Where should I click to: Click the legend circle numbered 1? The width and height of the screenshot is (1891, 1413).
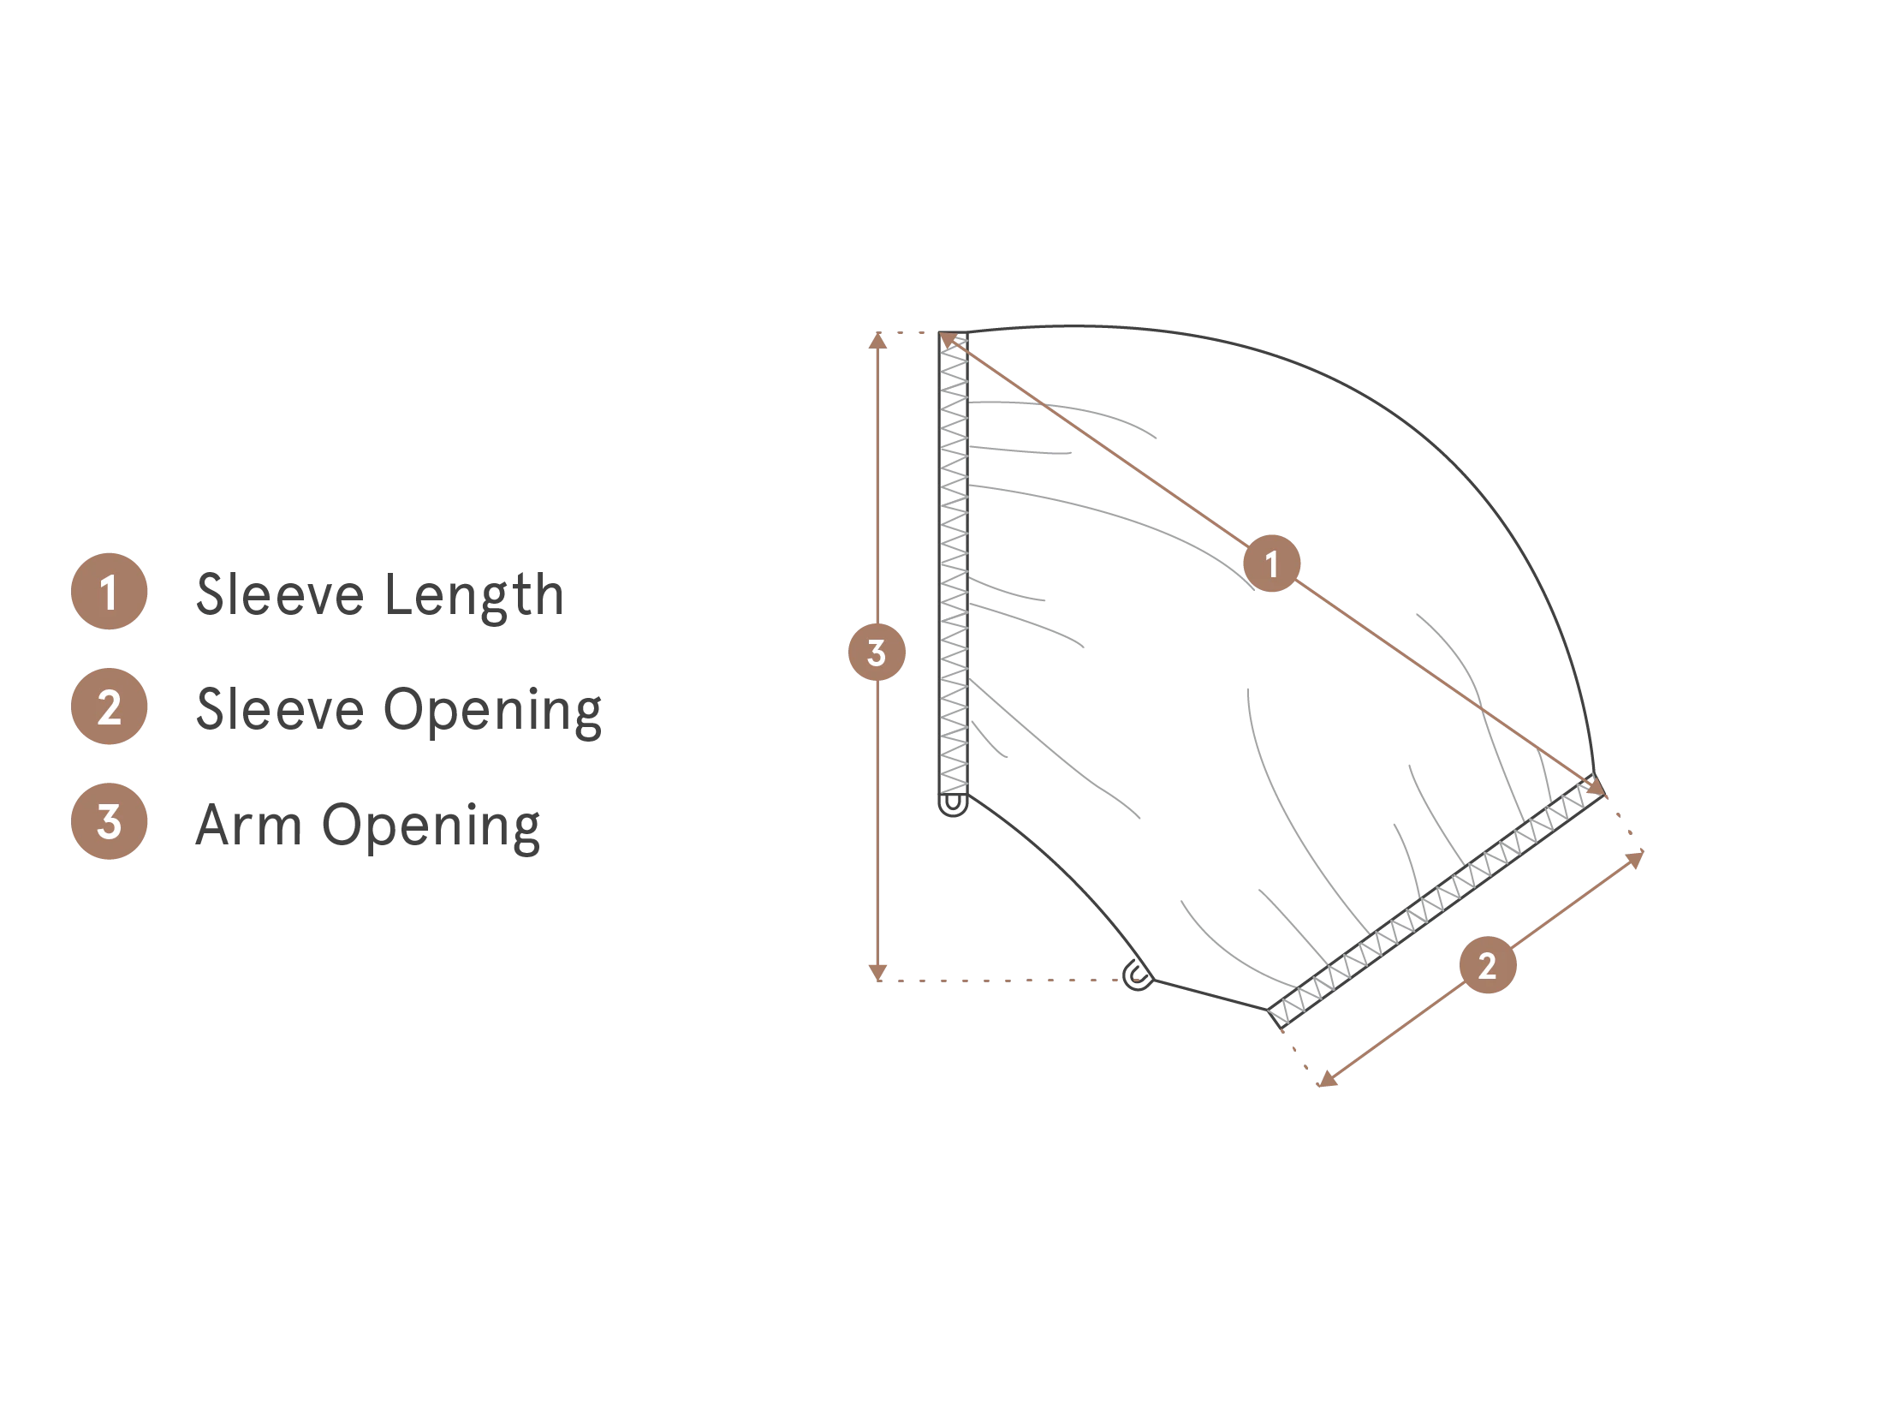pyautogui.click(x=109, y=592)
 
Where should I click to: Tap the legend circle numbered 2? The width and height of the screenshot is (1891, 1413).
pyautogui.click(x=109, y=706)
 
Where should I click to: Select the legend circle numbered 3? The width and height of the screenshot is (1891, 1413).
pyautogui.click(x=109, y=821)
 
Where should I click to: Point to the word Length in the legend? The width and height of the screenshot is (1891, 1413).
pyautogui.click(x=474, y=595)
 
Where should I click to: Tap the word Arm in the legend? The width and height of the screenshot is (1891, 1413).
pyautogui.click(x=248, y=825)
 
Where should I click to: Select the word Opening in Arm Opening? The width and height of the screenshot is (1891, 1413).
pyautogui.click(x=431, y=826)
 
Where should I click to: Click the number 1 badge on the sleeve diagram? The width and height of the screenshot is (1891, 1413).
pyautogui.click(x=1271, y=563)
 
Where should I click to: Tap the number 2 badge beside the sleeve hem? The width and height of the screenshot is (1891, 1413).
pyautogui.click(x=1488, y=965)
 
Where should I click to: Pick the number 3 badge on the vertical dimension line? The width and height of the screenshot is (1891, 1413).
pyautogui.click(x=877, y=653)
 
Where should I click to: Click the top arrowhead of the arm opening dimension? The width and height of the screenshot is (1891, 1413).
pyautogui.click(x=877, y=341)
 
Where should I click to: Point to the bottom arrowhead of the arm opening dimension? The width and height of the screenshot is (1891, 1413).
pyautogui.click(x=877, y=972)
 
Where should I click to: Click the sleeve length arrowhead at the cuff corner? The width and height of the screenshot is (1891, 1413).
pyautogui.click(x=1597, y=788)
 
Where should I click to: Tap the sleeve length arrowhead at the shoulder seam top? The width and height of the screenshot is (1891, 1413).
pyautogui.click(x=948, y=341)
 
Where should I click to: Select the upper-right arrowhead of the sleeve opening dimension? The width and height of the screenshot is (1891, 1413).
pyautogui.click(x=1635, y=859)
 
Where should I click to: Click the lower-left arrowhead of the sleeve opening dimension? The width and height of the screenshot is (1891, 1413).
pyautogui.click(x=1327, y=1079)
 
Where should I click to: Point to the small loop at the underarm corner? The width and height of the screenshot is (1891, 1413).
pyautogui.click(x=1137, y=975)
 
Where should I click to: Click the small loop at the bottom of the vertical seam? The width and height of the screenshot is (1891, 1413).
pyautogui.click(x=953, y=804)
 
